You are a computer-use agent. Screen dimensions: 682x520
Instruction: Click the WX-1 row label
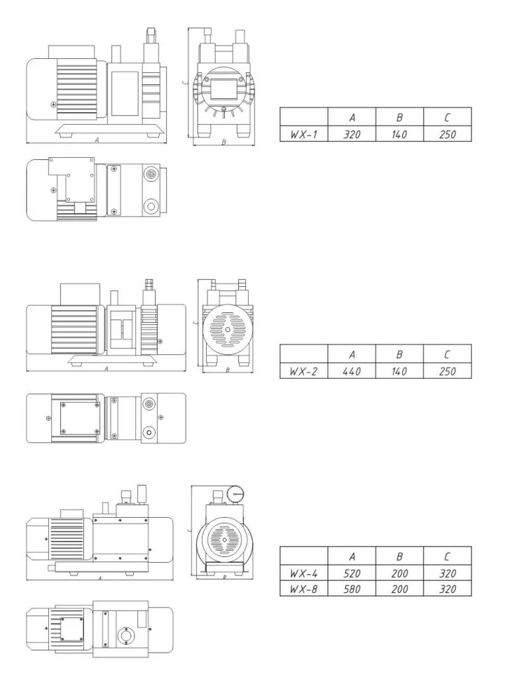coord(303,133)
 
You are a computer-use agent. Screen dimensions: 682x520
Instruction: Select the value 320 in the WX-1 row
coord(351,133)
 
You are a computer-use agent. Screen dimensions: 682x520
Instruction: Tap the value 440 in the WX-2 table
coord(351,371)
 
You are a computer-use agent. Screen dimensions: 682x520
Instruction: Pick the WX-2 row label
coord(303,371)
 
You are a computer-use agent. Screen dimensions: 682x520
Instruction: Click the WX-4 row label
coord(303,573)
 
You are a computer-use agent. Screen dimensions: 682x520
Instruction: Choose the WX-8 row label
coord(303,589)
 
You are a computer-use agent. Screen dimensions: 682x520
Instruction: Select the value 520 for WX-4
coord(351,573)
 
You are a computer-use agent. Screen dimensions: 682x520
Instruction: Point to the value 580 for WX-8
coord(351,589)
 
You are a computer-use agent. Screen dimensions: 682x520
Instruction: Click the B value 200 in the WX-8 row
coord(399,589)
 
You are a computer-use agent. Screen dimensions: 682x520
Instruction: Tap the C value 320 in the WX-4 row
coord(447,573)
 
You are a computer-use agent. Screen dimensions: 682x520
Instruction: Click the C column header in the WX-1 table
coord(447,116)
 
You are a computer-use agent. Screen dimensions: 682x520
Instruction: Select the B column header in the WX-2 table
coord(399,354)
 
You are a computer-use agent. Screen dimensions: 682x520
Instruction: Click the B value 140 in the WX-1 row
coord(399,133)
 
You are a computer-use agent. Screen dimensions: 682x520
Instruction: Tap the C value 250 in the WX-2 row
coord(447,371)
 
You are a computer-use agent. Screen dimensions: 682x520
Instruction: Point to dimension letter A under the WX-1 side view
coord(97,140)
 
